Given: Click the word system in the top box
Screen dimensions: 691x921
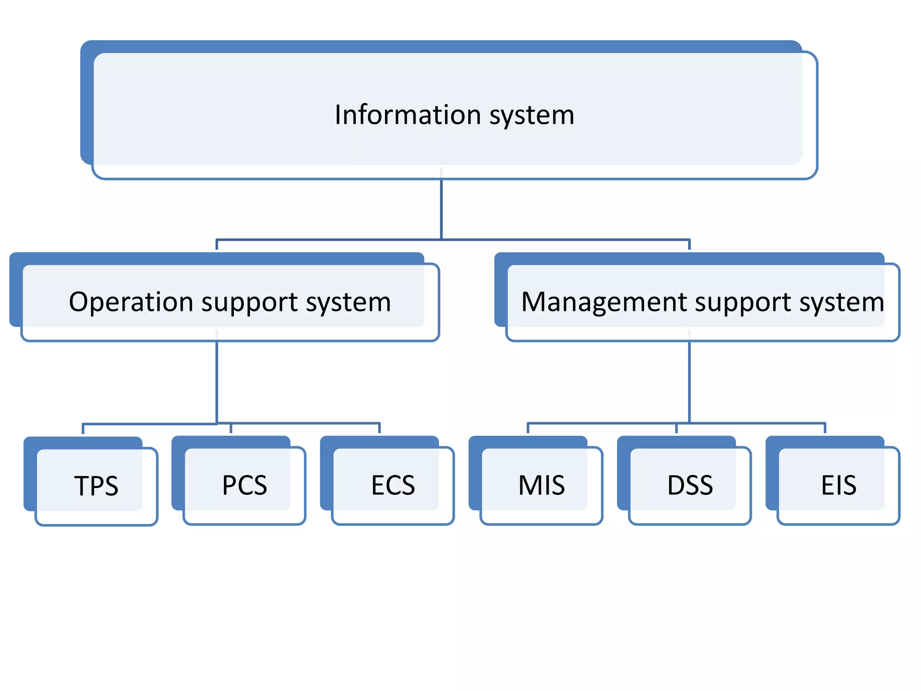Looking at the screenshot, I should point(532,116).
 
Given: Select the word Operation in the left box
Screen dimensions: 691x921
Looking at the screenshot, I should point(131,302).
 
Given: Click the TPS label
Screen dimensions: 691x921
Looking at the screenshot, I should point(96,486).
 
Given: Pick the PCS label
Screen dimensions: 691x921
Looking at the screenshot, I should point(245,485).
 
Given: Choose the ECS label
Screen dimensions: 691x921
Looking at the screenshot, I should point(393,485).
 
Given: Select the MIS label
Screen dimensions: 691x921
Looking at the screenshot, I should point(541,485).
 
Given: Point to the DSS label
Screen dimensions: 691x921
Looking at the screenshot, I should point(690,485).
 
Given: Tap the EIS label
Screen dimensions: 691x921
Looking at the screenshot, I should point(839,485).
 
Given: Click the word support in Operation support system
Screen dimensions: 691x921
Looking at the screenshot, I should point(250,303).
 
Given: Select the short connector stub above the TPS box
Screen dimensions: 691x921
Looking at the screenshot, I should point(83,428).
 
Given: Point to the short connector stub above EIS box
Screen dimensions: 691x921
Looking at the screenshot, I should point(825,428).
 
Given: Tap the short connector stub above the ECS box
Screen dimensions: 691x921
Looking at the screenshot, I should point(380,428).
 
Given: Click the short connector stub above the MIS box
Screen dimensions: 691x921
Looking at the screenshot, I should point(528,428).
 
